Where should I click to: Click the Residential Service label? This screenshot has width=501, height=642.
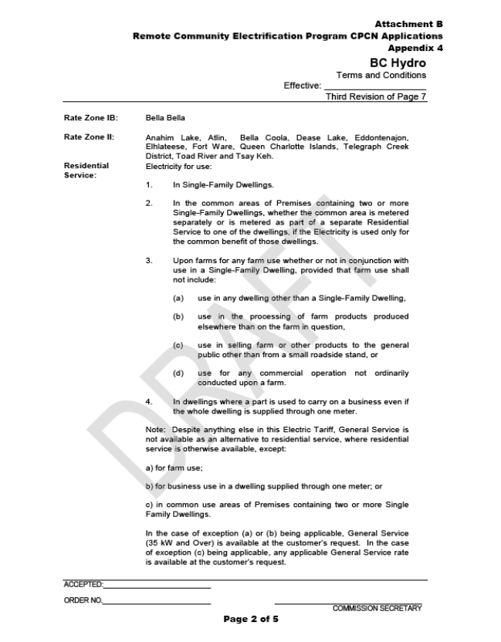[86, 170]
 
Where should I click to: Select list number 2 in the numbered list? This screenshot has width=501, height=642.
[149, 204]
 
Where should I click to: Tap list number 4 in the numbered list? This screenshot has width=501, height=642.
[149, 401]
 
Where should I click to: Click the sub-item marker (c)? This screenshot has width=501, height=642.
[178, 345]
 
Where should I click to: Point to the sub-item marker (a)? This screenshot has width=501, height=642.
[178, 298]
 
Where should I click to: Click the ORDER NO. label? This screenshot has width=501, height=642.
[82, 601]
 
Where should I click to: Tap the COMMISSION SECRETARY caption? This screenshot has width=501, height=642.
[377, 608]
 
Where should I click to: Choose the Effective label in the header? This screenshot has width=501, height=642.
[303, 86]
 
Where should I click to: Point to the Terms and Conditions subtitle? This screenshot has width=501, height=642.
[381, 75]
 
